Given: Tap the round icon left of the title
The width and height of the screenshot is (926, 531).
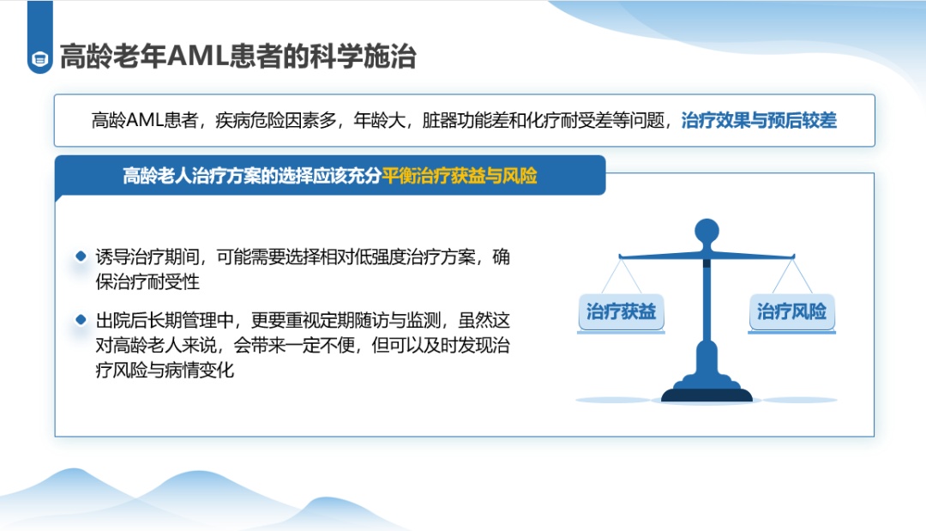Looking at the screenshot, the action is point(40,59).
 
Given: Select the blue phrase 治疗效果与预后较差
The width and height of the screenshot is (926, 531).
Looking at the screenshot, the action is point(759,120).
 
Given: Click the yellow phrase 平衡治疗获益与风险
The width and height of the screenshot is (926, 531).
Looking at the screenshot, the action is point(460,175).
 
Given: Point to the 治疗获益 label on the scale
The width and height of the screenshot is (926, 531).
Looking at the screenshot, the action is point(621,311).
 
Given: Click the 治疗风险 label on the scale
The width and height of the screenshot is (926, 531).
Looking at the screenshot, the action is point(792,311).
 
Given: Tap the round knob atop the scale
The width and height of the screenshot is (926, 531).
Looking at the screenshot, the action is point(707,231).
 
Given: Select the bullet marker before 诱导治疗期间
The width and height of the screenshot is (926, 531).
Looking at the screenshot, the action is point(81,256).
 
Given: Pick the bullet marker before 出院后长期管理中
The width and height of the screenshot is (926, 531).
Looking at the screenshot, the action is point(81,320).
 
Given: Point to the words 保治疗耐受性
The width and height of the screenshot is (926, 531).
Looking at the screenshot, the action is point(147,281).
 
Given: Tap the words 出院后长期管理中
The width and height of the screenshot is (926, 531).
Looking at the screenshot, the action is point(165,321).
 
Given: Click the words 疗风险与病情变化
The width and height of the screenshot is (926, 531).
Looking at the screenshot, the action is point(165,371).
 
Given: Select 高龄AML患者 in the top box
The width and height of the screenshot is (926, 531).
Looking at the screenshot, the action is point(145,120).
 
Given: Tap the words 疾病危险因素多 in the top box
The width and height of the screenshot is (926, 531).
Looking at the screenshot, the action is point(276,120).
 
